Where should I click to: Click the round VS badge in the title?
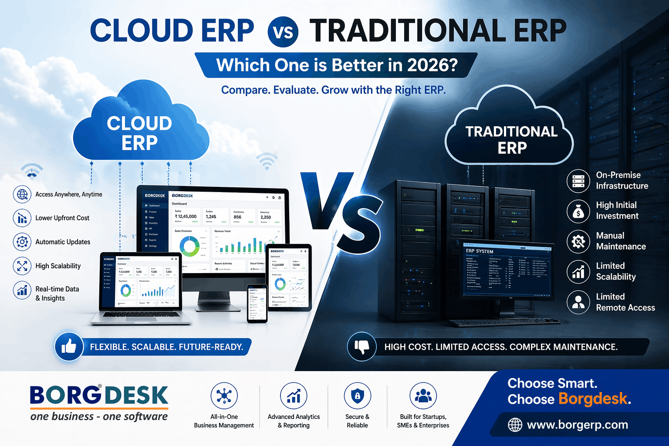(283, 32)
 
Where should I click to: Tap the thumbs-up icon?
(69, 347)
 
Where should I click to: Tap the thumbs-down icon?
(362, 347)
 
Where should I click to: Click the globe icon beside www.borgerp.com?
(515, 425)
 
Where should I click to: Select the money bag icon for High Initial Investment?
(578, 211)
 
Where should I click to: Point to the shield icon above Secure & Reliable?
(357, 396)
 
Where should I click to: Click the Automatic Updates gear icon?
(22, 242)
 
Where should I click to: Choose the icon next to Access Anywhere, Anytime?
(22, 194)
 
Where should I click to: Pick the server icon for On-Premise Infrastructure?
(578, 181)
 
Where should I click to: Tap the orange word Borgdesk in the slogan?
(593, 399)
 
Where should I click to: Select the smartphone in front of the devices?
(257, 304)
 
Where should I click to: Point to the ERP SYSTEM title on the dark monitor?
(480, 251)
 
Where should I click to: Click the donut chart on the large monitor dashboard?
(190, 247)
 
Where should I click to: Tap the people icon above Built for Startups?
(423, 396)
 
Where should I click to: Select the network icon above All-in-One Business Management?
(224, 396)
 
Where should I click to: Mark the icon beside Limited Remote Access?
(578, 302)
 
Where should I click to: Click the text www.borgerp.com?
(578, 425)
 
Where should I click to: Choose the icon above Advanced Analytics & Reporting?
(294, 396)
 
